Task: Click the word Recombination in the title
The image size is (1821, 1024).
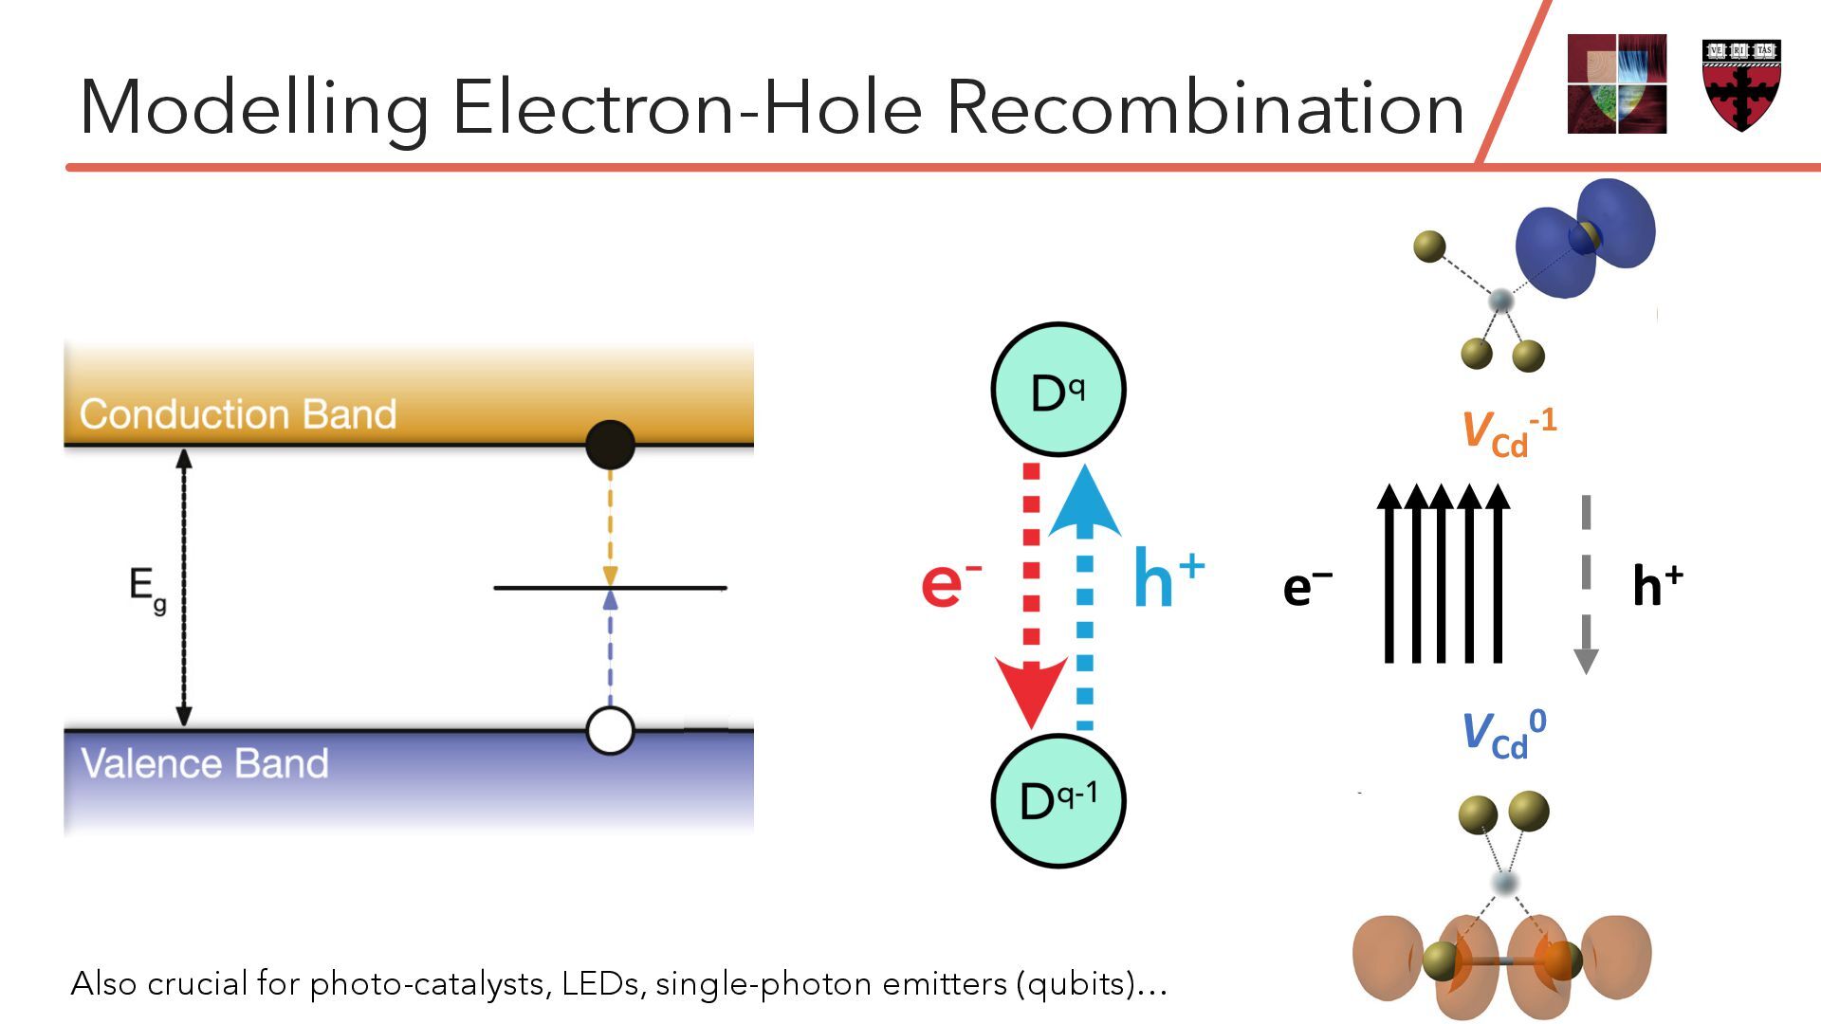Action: coord(1205,107)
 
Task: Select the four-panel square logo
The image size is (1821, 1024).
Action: coord(1616,83)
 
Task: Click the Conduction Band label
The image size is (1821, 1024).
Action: coord(237,414)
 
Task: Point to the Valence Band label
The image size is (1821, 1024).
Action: coord(204,763)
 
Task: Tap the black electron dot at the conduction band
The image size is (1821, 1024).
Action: coord(610,445)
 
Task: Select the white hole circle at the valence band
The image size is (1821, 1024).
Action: coord(610,730)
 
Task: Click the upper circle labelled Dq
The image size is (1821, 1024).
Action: coord(1058,390)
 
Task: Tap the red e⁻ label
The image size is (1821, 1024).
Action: coord(950,582)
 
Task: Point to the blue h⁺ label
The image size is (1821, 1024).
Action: coord(1168,578)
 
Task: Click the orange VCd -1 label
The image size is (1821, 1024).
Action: coord(1508,432)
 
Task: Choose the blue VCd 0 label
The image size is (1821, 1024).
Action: coord(1503,734)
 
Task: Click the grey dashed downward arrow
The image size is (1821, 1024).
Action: coord(1586,583)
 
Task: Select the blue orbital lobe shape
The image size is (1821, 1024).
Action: coord(1584,237)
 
